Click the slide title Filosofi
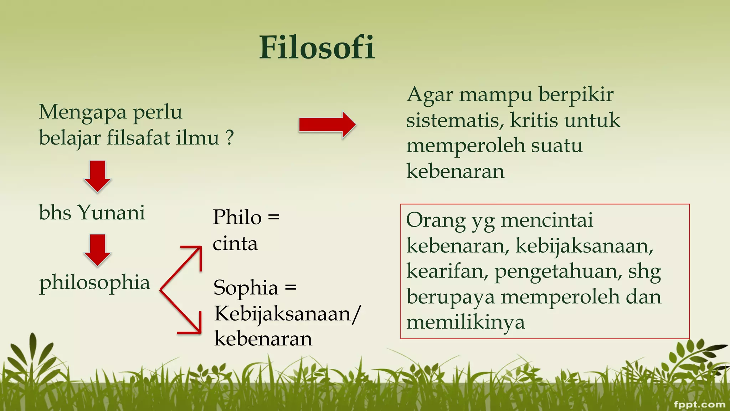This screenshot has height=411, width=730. (317, 47)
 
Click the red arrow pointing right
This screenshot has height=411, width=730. (327, 125)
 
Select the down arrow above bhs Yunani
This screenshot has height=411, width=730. (97, 176)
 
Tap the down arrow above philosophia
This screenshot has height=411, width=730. (97, 250)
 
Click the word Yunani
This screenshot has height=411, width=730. (111, 213)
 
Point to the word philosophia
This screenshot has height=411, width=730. (94, 283)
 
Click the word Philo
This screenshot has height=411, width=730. (237, 217)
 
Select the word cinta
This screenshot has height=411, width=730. (235, 244)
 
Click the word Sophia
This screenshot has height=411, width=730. (246, 288)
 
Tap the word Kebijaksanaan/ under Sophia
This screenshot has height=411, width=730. (287, 314)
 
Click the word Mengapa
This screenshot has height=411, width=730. (83, 112)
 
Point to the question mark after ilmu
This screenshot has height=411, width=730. (230, 137)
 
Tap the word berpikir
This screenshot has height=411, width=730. (576, 95)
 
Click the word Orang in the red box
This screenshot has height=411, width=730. (436, 220)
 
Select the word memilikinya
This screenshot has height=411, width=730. (466, 323)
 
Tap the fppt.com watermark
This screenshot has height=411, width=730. (699, 404)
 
